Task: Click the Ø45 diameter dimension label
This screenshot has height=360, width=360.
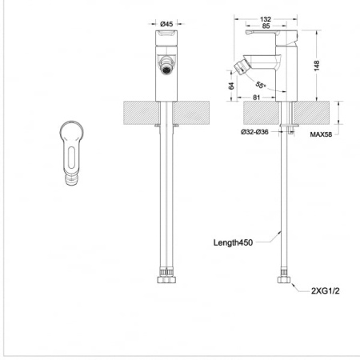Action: (x=166, y=24)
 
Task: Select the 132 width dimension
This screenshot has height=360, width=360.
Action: (x=266, y=19)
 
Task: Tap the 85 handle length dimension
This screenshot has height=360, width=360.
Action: (x=266, y=26)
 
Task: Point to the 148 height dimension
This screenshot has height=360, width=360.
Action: (x=317, y=66)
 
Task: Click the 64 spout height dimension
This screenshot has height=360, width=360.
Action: (x=231, y=86)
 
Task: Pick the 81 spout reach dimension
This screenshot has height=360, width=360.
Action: (x=256, y=98)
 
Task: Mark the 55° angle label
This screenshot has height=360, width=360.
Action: (x=261, y=85)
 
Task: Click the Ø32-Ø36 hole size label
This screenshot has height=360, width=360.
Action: (x=254, y=132)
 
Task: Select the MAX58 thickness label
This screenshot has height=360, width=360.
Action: (x=321, y=134)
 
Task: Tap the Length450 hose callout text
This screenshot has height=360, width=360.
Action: (x=233, y=242)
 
